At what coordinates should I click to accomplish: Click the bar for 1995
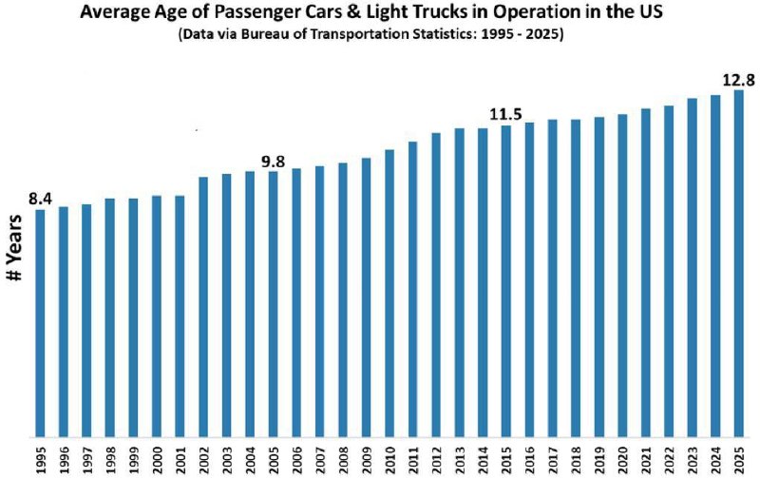click(40, 323)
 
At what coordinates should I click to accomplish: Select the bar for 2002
click(203, 307)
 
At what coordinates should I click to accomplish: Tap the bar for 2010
click(389, 294)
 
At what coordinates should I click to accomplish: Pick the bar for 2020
click(622, 276)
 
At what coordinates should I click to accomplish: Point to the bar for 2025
click(739, 264)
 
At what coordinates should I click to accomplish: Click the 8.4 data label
click(40, 199)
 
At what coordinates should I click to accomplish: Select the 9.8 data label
click(273, 162)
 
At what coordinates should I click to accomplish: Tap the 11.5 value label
click(505, 114)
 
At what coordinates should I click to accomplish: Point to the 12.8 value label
click(739, 80)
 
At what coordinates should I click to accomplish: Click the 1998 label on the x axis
click(110, 459)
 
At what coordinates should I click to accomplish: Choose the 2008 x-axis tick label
click(343, 459)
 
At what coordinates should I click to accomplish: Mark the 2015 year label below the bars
click(506, 459)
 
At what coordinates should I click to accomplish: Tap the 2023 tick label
click(693, 459)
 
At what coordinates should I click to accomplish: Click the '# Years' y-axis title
click(15, 247)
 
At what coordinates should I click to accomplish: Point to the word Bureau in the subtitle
click(268, 35)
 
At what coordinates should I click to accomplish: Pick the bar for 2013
click(459, 282)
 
